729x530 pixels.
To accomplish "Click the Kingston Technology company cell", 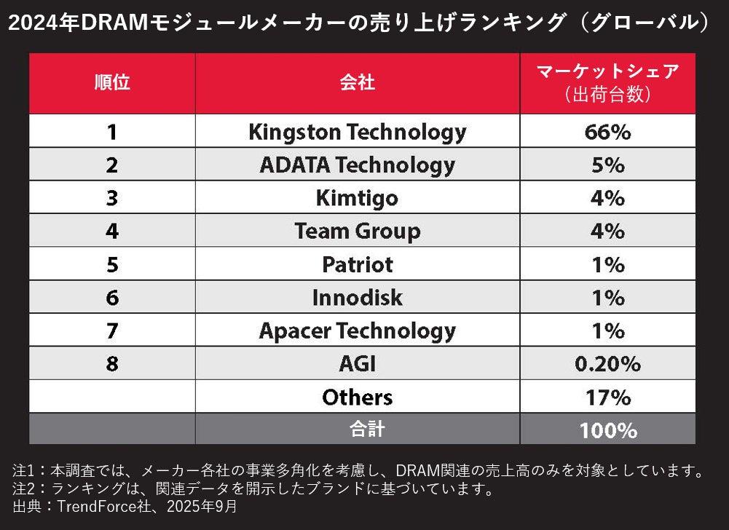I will tap(357, 132).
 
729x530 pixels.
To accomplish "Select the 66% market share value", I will tap(607, 132).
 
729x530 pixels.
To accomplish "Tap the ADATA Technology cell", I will tap(357, 165).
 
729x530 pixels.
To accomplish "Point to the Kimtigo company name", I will tap(357, 198).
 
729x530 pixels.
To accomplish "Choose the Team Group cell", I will tap(357, 232).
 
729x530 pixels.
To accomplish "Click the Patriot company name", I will tap(357, 264).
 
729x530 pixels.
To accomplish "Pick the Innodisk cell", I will tap(357, 298).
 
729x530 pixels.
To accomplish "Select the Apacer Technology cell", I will tap(357, 331).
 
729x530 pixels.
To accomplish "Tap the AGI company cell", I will tap(357, 363).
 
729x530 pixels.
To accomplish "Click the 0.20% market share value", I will tap(607, 363).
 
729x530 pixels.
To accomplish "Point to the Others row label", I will tap(357, 397).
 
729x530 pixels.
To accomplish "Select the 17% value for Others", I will tap(607, 397).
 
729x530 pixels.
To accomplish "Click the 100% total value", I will tap(607, 430).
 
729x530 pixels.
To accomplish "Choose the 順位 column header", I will tap(112, 82).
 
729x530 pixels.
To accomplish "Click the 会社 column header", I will tap(357, 82).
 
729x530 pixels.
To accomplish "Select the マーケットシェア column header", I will tap(607, 73).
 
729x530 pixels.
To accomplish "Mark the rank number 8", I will tap(111, 363).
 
